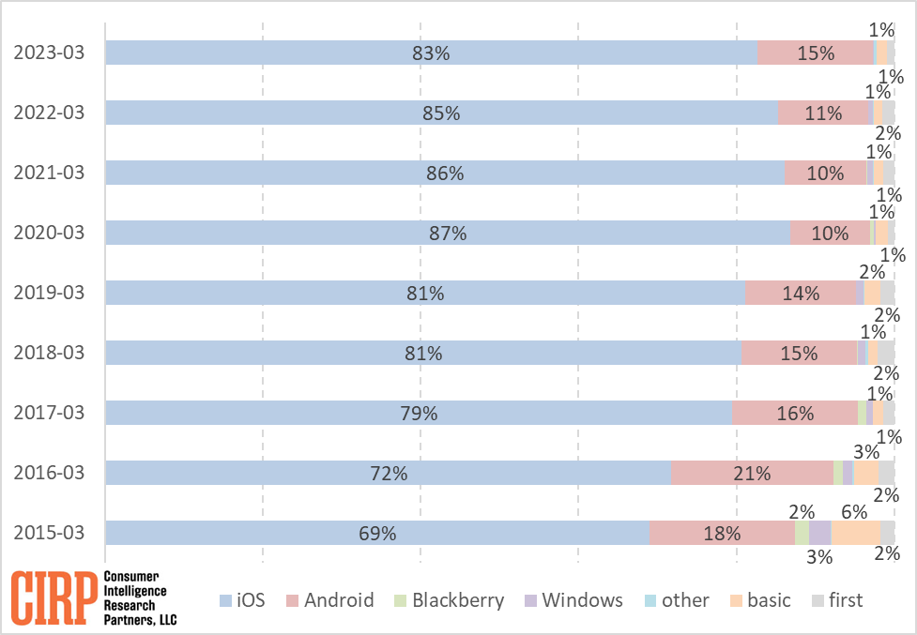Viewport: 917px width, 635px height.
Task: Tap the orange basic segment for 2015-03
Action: click(x=855, y=533)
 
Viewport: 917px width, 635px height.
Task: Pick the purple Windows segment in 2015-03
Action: click(x=819, y=533)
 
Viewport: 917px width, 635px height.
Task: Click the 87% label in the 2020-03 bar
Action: click(x=448, y=233)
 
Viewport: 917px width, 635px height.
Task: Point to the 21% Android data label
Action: click(x=752, y=473)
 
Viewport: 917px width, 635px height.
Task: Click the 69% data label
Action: click(x=377, y=533)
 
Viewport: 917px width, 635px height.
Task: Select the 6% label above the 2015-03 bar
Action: click(x=853, y=511)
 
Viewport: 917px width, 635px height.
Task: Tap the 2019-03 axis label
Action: click(x=49, y=293)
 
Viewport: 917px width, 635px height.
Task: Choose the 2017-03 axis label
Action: click(x=49, y=413)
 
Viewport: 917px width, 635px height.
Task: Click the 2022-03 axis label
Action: click(x=49, y=113)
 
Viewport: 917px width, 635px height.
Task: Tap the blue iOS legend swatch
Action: click(x=225, y=600)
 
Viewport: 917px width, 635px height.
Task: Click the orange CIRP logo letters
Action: click(x=54, y=597)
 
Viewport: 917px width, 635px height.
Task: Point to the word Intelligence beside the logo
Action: click(x=134, y=592)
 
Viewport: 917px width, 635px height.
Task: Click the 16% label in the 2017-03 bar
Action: click(x=794, y=413)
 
